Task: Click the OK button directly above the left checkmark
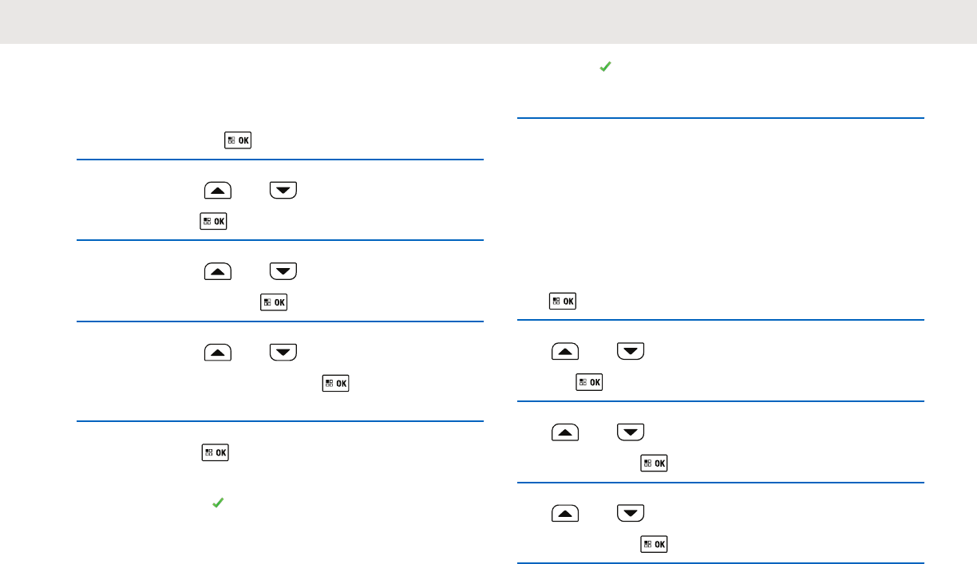point(216,452)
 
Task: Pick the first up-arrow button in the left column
point(218,190)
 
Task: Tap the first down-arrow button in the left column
point(283,190)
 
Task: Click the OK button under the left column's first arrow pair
point(214,222)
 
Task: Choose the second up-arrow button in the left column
point(218,271)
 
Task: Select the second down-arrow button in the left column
point(283,271)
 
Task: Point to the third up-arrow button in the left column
point(218,352)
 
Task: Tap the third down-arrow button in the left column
point(283,352)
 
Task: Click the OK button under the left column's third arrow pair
point(335,383)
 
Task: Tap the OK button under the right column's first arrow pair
point(589,383)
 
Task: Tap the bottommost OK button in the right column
point(655,545)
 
